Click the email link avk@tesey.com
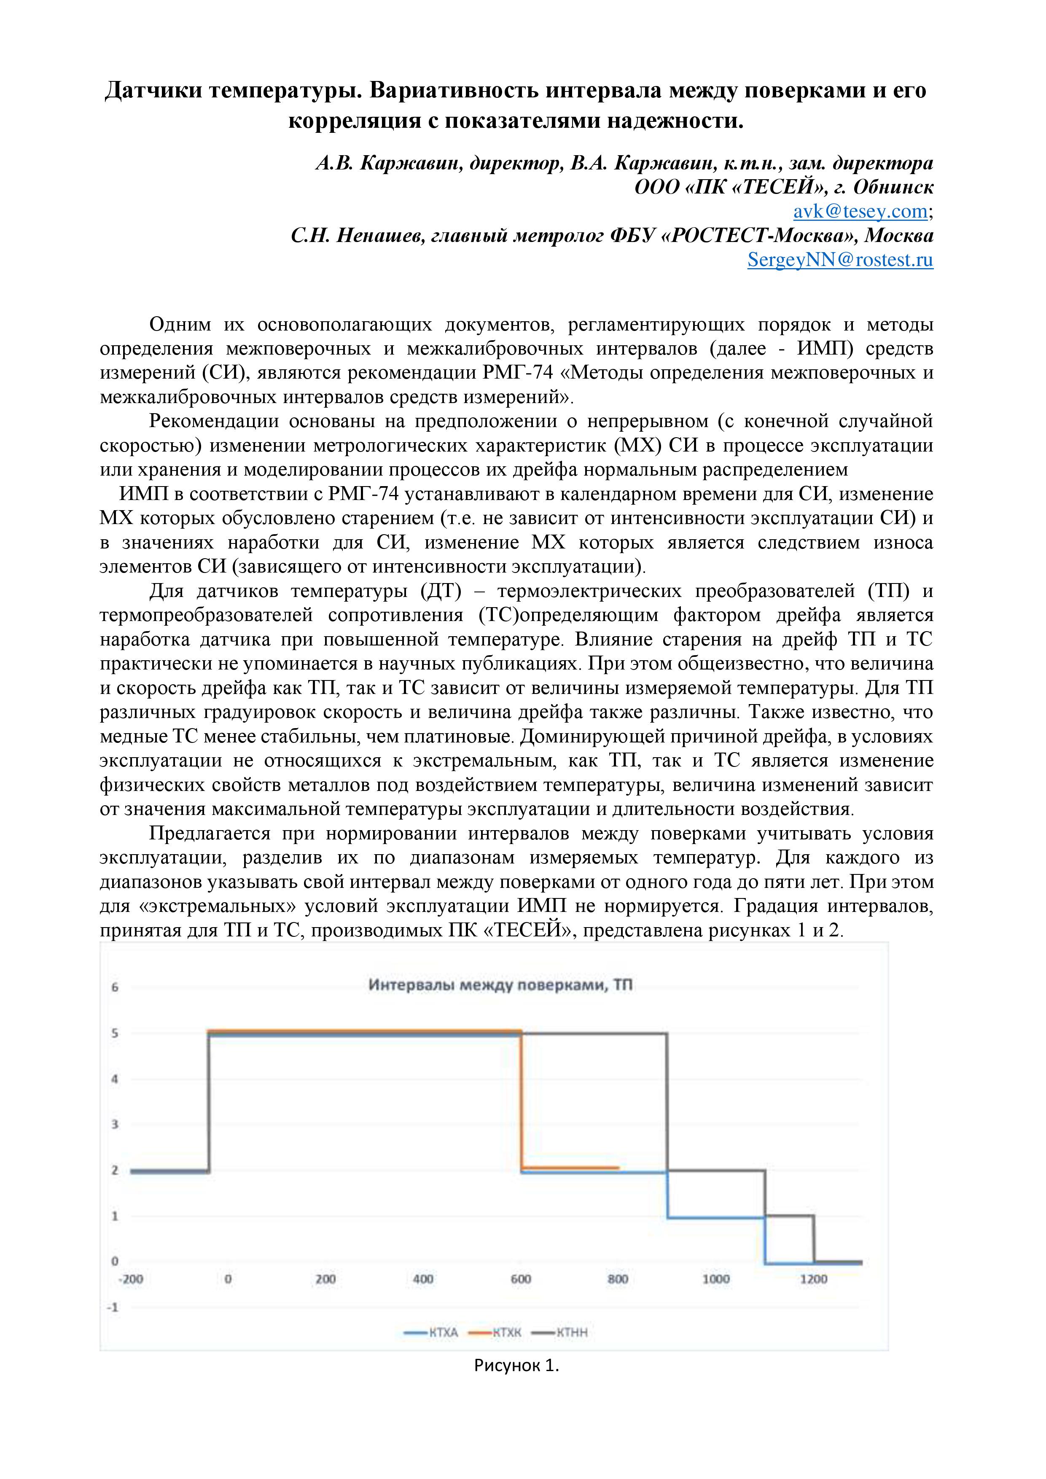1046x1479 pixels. click(x=860, y=211)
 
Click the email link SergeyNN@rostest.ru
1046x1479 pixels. click(x=840, y=260)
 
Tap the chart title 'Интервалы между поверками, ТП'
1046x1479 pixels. click(x=500, y=985)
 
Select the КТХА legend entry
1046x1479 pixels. click(x=432, y=1333)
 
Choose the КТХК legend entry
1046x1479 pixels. click(x=496, y=1333)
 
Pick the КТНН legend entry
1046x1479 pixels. click(x=560, y=1333)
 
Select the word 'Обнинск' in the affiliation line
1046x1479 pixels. click(x=893, y=188)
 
